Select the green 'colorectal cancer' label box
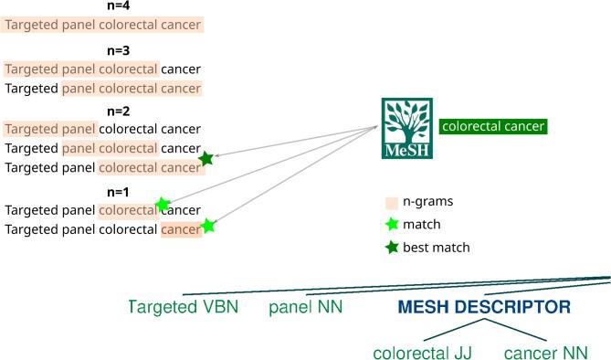pyautogui.click(x=492, y=127)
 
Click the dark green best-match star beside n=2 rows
pyautogui.click(x=206, y=159)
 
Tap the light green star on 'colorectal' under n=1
pyautogui.click(x=163, y=205)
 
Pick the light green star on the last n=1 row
pyautogui.click(x=208, y=225)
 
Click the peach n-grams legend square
pyautogui.click(x=391, y=201)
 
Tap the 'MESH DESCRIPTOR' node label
pyautogui.click(x=484, y=308)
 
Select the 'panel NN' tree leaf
pyautogui.click(x=306, y=307)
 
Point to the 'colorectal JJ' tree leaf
pyautogui.click(x=423, y=353)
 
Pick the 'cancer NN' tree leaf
pyautogui.click(x=545, y=353)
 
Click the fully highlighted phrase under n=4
pyautogui.click(x=102, y=25)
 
